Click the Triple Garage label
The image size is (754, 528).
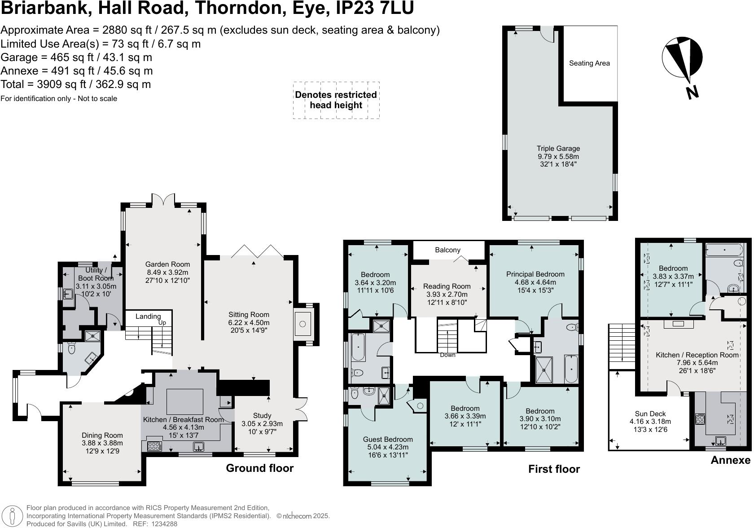point(558,149)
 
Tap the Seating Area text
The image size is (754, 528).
point(589,63)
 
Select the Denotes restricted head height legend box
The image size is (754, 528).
point(336,100)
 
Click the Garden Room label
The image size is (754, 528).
point(167,264)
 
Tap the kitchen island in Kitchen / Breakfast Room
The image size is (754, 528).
point(184,401)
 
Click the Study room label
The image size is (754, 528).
point(262,415)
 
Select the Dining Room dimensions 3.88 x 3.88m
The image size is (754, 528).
point(102,443)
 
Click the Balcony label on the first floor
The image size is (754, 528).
point(447,250)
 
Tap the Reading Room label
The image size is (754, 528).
point(447,286)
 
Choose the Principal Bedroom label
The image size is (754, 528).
point(535,274)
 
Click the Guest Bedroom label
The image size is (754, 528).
point(388,440)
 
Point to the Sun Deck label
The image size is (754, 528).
point(650,414)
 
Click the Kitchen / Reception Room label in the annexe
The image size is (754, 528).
point(697,355)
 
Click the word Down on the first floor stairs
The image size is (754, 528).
point(447,355)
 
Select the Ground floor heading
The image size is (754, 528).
point(259,468)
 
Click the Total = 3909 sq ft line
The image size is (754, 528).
point(76,84)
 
